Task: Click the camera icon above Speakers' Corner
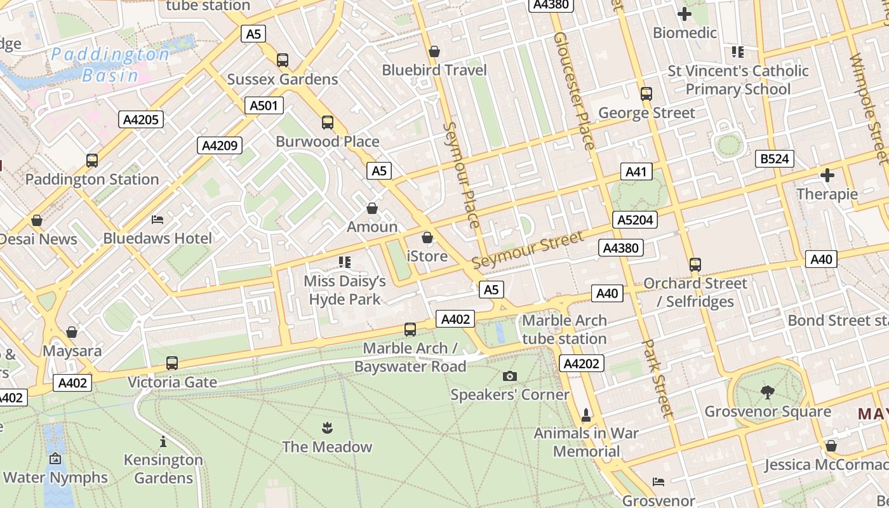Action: click(x=509, y=376)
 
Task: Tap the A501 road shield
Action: click(x=264, y=105)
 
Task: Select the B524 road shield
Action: click(x=775, y=159)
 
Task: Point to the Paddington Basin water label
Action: click(x=110, y=65)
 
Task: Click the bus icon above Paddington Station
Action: click(x=92, y=161)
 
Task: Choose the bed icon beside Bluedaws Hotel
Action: click(x=157, y=220)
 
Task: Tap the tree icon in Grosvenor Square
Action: click(x=767, y=392)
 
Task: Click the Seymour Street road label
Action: click(x=527, y=250)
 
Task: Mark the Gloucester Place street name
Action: click(x=574, y=90)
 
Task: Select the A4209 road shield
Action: click(x=220, y=145)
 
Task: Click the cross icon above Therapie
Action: click(x=827, y=175)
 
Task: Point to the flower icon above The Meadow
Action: click(x=327, y=427)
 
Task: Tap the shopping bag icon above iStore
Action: click(x=427, y=237)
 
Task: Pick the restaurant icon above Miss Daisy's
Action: click(x=345, y=262)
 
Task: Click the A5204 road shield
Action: click(x=635, y=220)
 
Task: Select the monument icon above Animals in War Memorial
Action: click(x=586, y=415)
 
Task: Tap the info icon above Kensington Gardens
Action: click(x=163, y=441)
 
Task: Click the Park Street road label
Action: click(x=657, y=378)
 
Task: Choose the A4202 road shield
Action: click(x=582, y=363)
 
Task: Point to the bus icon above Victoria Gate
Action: click(x=172, y=363)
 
